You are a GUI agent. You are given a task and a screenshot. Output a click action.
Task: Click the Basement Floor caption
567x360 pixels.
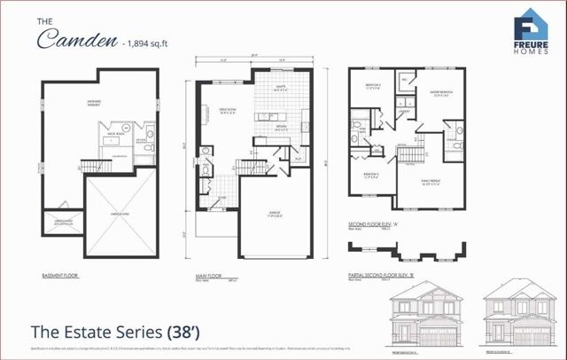(x=60, y=276)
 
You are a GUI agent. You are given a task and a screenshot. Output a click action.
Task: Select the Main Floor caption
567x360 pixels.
(x=209, y=276)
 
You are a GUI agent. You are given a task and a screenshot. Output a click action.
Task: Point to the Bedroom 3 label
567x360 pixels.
(x=373, y=174)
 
